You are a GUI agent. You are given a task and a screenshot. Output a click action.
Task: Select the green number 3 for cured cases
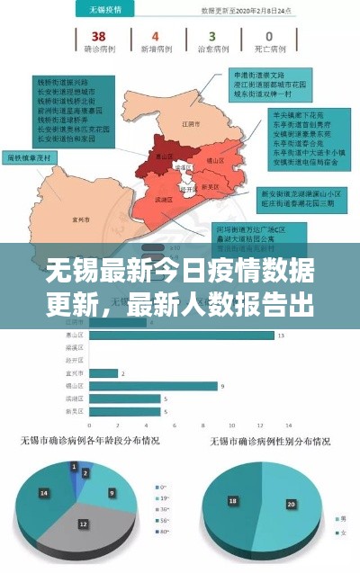tap(211, 37)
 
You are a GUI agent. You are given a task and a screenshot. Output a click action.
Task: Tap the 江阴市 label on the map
tap(187, 123)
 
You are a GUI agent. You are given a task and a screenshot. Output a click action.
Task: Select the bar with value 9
tap(154, 386)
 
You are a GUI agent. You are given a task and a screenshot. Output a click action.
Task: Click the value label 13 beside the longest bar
tap(282, 336)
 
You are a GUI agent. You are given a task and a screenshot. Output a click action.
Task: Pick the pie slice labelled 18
tap(235, 500)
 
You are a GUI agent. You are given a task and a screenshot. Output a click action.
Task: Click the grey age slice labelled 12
tap(84, 524)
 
